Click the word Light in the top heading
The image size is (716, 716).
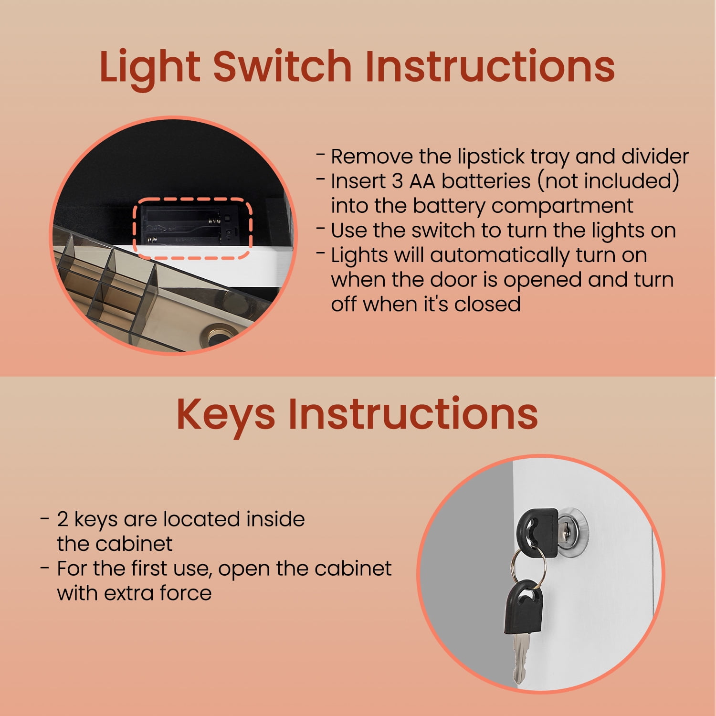(149, 68)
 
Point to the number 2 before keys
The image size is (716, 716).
(63, 519)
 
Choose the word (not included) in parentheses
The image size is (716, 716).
(608, 181)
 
